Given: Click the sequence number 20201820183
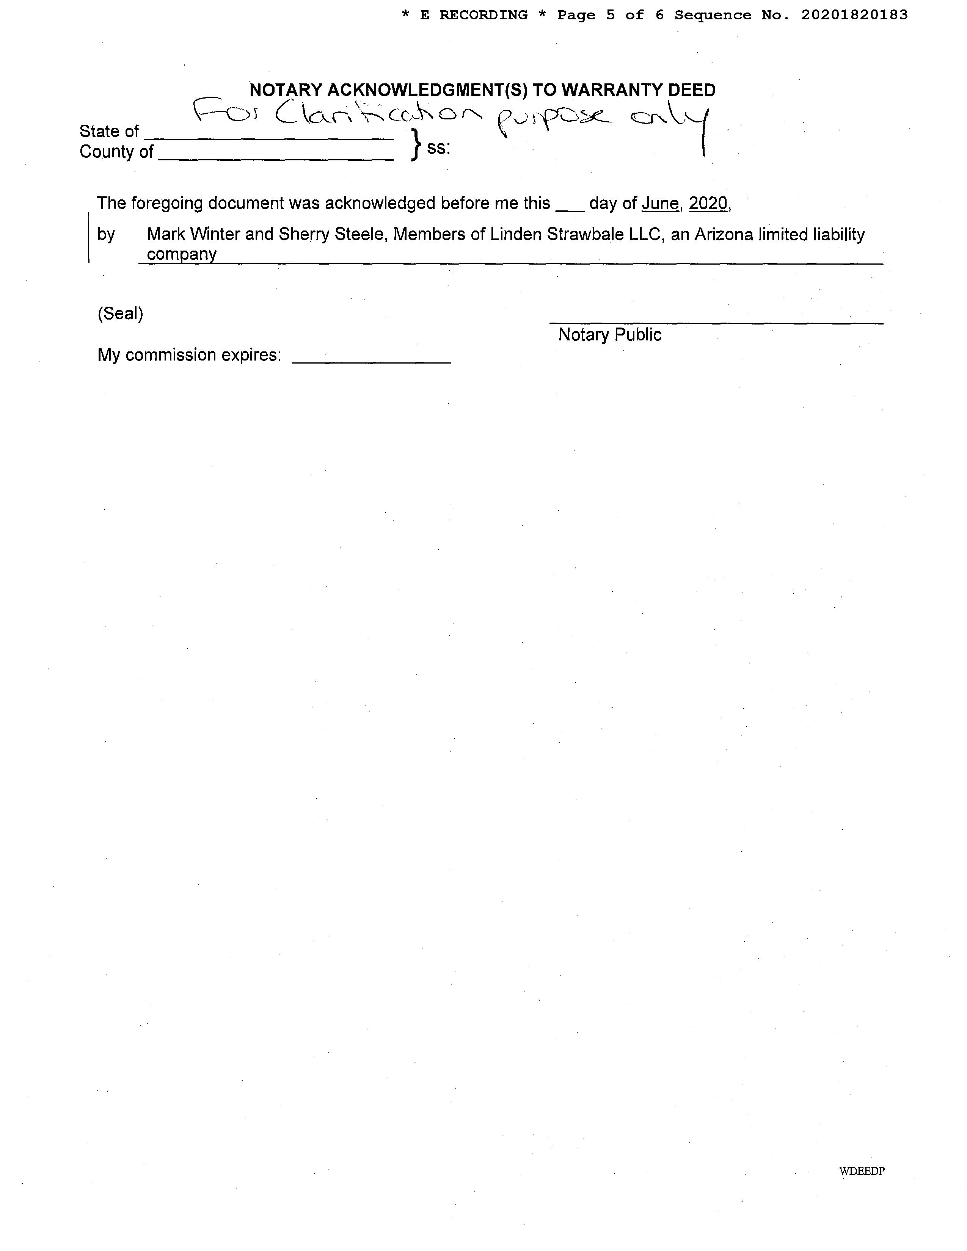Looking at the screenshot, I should click(854, 16).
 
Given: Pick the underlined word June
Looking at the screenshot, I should click(660, 203).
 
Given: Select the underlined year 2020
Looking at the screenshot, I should click(708, 203).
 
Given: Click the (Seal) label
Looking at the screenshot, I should click(120, 314).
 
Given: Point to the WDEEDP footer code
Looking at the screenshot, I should click(862, 1171).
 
